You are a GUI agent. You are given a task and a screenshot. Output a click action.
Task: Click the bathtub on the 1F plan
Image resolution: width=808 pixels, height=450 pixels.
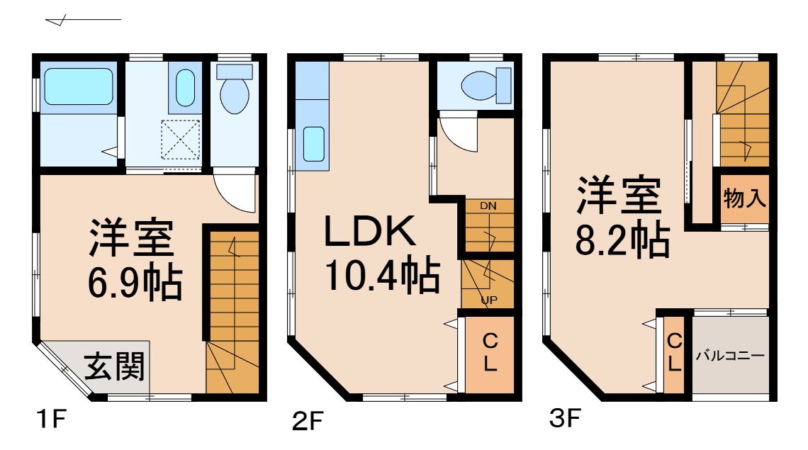pos(79,86)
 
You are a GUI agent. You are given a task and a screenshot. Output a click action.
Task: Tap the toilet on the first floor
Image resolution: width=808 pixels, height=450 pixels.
pos(234,92)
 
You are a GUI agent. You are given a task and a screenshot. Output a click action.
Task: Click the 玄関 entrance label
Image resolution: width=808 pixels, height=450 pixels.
pos(115,366)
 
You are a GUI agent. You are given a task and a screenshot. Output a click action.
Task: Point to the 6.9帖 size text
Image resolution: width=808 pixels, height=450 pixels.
pos(135,283)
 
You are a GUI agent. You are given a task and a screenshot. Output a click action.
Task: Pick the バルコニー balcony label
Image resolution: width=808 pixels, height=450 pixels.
pos(730,355)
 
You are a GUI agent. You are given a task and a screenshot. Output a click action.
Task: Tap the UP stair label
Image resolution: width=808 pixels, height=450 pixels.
pos(488,300)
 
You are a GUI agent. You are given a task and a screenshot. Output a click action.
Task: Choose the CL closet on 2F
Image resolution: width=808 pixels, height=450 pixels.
pos(489,353)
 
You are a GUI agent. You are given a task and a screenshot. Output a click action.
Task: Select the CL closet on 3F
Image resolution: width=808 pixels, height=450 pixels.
pos(674,354)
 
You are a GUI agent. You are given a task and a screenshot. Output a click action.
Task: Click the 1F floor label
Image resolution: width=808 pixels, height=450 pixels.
pos(50,421)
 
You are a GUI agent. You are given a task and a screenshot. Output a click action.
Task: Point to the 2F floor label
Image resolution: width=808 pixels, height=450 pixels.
pos(307,422)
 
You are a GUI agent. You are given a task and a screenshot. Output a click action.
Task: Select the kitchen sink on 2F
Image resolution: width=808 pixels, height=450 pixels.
pos(313,144)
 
